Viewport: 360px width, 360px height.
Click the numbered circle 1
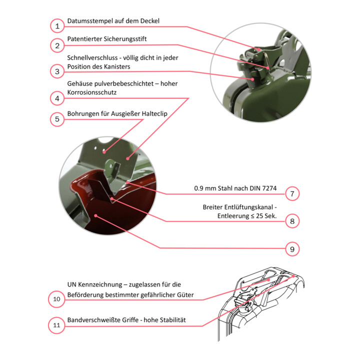[57, 26]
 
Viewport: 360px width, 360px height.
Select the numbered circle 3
[57, 71]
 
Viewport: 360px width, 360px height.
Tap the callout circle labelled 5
[57, 119]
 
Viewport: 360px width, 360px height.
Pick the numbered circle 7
[292, 194]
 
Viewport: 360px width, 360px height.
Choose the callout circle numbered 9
[292, 249]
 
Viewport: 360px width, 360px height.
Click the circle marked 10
[56, 299]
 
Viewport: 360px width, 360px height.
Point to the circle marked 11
[56, 325]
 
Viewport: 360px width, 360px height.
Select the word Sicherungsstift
[125, 39]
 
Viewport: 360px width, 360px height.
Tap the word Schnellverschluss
[92, 57]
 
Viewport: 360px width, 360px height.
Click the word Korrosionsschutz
[92, 92]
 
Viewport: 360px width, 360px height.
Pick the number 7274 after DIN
[269, 188]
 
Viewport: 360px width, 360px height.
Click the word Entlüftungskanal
[248, 207]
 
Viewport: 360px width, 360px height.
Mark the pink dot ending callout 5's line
[104, 152]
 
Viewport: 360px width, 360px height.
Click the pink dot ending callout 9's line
[95, 215]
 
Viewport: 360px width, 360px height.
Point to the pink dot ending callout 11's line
[293, 276]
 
